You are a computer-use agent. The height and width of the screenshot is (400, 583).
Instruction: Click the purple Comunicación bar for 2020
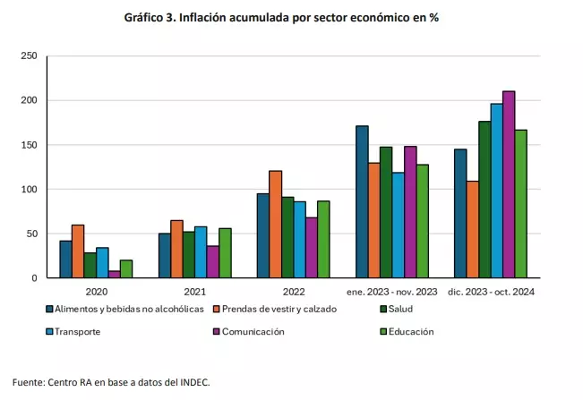pos(115,274)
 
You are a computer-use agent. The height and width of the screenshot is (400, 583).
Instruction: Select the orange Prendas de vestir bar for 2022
pos(276,225)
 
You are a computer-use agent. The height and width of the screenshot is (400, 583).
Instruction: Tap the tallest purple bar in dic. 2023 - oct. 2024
pos(509,184)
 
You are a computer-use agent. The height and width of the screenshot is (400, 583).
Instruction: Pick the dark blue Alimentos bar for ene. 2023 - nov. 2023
pos(362,202)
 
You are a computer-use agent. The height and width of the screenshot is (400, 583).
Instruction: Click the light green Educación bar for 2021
pos(225,253)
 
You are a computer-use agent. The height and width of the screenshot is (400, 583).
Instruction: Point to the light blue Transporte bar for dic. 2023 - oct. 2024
pos(496,191)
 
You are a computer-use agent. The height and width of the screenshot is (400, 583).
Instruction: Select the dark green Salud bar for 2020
pos(90,265)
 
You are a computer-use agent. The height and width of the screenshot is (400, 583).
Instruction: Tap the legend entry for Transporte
pos(77,331)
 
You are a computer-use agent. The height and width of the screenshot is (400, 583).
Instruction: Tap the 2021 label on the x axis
pos(194,291)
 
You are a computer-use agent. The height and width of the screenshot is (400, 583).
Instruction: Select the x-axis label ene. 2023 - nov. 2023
pos(392,291)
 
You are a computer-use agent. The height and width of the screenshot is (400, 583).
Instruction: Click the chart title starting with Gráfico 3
pos(292,18)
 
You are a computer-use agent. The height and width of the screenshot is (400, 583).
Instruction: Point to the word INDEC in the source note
pos(193,381)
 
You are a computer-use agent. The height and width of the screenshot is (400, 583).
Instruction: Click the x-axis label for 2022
pos(294,291)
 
